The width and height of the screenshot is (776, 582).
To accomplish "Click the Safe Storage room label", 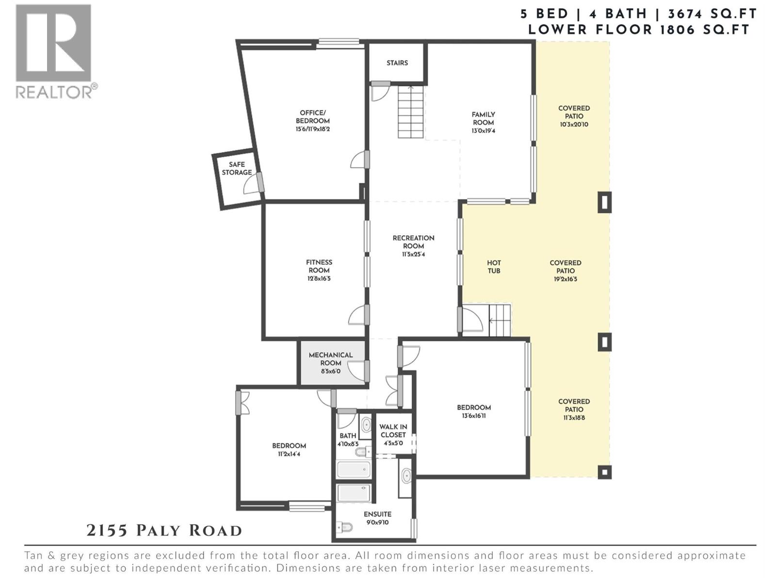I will (x=237, y=168).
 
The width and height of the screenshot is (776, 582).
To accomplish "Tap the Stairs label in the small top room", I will (x=397, y=63).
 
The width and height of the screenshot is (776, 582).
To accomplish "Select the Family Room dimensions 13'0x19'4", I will (x=483, y=131).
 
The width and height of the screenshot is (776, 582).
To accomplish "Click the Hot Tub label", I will (x=494, y=267).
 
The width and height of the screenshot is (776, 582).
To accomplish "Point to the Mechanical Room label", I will (x=331, y=359).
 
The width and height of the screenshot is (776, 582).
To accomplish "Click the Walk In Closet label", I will (x=393, y=431).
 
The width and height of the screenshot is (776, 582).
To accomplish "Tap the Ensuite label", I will (x=377, y=514).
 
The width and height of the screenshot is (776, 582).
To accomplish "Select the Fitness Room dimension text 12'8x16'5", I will (x=319, y=279).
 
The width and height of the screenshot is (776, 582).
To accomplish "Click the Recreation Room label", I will (x=413, y=242).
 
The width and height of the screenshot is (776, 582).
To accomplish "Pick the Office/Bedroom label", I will (x=312, y=117).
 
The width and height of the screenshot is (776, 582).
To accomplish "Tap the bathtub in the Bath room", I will (x=354, y=469).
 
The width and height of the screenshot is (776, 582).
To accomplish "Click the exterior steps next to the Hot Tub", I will (x=500, y=320).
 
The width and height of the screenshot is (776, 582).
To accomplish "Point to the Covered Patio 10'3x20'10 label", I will (x=574, y=116).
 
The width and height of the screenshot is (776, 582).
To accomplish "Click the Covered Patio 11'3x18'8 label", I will (x=574, y=409).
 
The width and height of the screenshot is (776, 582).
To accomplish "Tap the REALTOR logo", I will (x=54, y=51).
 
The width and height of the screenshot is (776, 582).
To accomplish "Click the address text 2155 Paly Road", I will (x=164, y=531).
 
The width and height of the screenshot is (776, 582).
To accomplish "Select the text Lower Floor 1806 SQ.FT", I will (x=639, y=30).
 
